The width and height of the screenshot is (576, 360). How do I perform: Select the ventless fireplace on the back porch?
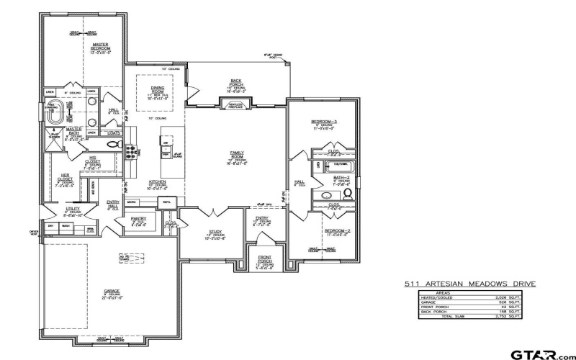(236, 105)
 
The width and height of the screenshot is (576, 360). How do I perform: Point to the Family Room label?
(237, 156)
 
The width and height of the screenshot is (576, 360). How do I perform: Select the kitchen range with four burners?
(132, 150)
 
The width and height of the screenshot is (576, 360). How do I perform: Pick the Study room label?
(215, 232)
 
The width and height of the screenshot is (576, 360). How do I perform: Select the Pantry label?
(138, 220)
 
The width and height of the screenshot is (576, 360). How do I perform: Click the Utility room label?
(73, 210)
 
